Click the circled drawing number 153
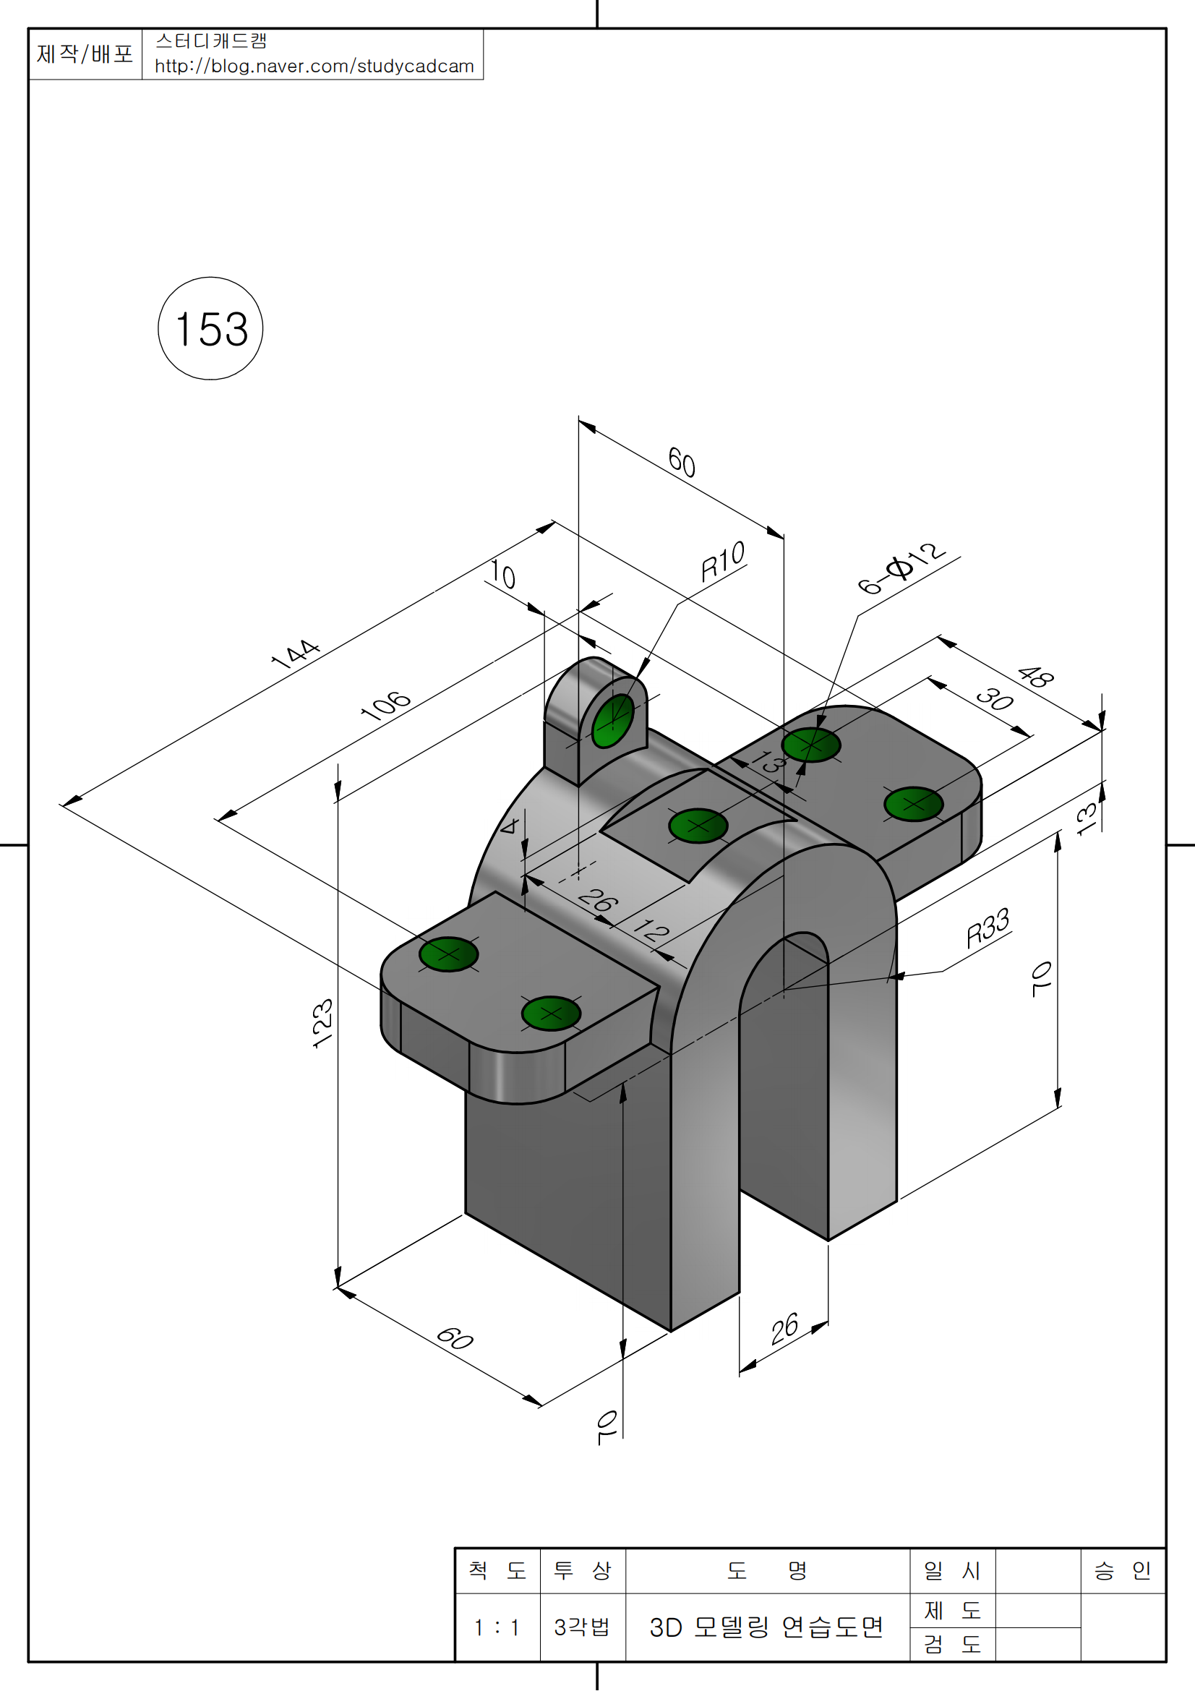pos(210,328)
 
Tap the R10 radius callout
pos(722,561)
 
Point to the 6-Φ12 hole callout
pos(901,568)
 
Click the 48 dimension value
pos(1035,676)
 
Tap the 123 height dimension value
pos(323,1023)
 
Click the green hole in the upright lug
pos(612,720)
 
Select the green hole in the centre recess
pos(698,826)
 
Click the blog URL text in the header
pos(314,67)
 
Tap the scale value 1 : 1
pos(497,1627)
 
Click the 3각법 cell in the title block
pos(582,1627)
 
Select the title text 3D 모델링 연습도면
pos(766,1627)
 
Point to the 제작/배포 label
pos(85,53)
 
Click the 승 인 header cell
pos(1122,1571)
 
